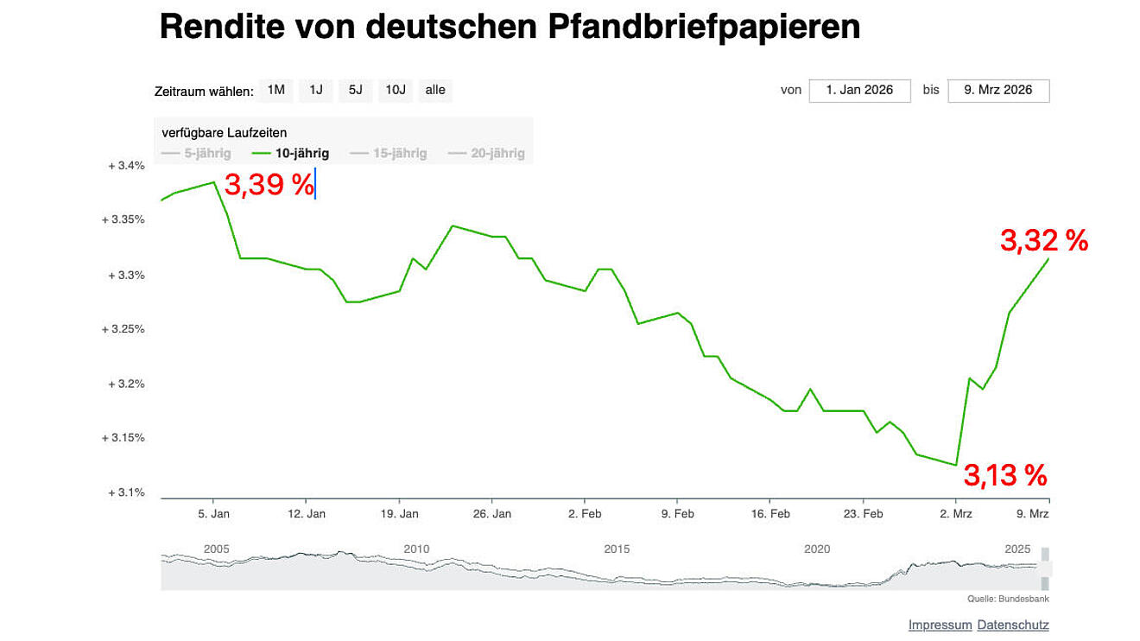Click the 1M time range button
coord(275,90)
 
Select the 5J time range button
coord(355,90)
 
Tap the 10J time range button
coord(396,90)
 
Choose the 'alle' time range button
coord(435,90)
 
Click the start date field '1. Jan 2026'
coord(859,90)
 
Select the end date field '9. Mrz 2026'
coord(998,90)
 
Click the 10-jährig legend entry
coord(291,154)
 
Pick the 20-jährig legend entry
coord(486,154)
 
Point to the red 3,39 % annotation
coord(269,185)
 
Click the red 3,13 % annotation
coord(1005,475)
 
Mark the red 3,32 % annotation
coord(1044,241)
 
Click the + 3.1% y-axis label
coord(126,492)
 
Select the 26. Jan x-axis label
coord(491,513)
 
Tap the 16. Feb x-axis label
coord(769,513)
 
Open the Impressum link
coord(940,625)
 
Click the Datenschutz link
coord(1013,625)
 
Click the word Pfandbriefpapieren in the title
coord(705,28)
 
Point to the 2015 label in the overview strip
coord(617,549)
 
